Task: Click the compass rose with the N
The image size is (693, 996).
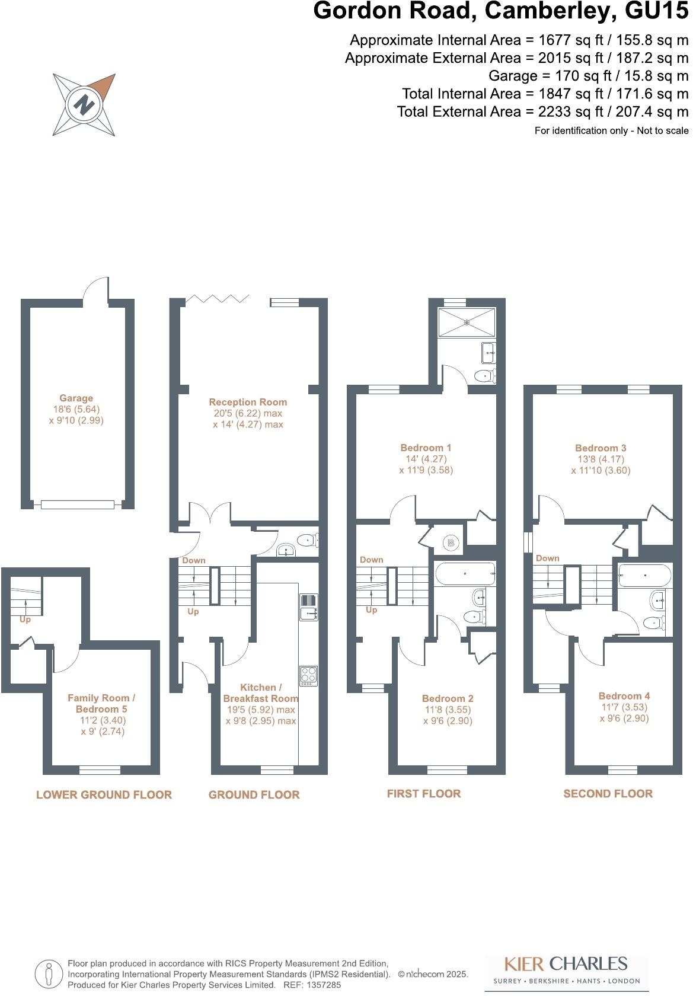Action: coord(84,105)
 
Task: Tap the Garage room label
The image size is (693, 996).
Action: coord(76,398)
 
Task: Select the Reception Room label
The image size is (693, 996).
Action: coord(248,402)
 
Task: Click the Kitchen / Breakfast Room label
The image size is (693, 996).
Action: coord(261,692)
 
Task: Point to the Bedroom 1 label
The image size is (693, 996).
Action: coord(426,448)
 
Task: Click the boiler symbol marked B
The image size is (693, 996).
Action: coord(451,542)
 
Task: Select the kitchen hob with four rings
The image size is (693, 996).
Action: coord(308,676)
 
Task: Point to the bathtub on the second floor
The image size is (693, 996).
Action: coord(644,574)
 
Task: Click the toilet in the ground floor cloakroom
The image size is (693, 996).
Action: coord(307,540)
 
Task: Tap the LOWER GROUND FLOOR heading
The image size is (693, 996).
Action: coord(104,795)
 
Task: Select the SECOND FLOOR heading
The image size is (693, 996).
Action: coord(608,794)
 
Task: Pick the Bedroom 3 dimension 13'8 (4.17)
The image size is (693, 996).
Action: coord(601,459)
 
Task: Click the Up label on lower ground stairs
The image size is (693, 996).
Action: coord(25,620)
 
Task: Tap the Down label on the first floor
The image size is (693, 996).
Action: coord(371,560)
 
